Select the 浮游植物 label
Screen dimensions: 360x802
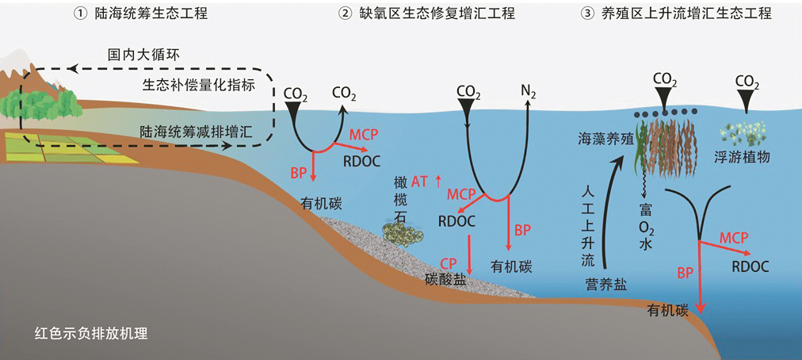(x=743, y=157)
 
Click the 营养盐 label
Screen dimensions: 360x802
(x=605, y=285)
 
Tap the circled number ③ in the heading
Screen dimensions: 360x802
(x=608, y=13)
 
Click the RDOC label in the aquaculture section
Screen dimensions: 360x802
(x=750, y=266)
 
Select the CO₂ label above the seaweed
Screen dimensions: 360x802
(x=664, y=79)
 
